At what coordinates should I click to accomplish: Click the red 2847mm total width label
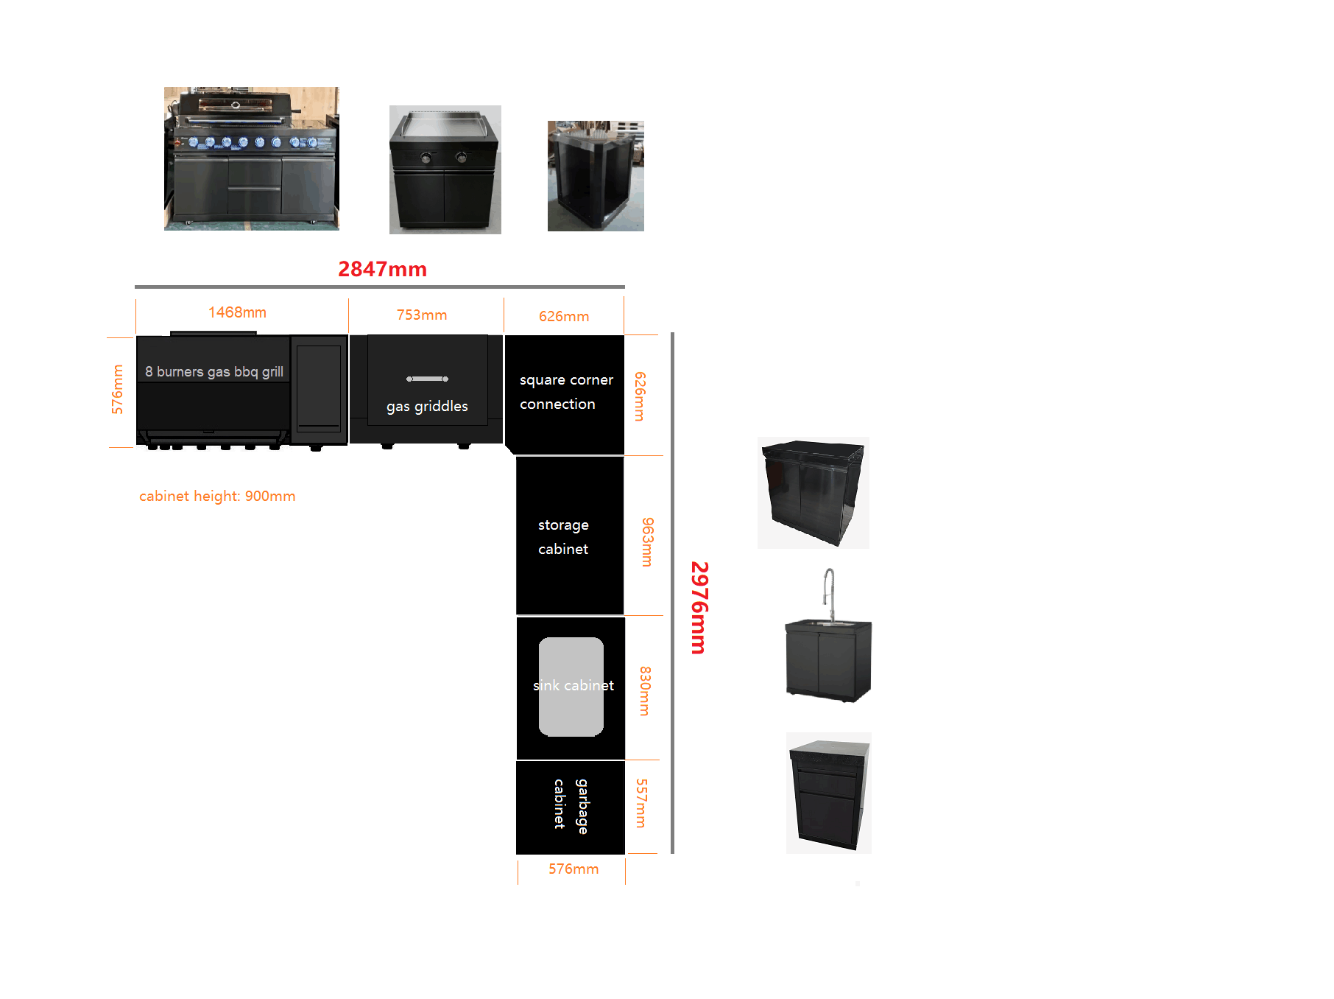tap(382, 269)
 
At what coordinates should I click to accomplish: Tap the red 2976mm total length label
tap(699, 608)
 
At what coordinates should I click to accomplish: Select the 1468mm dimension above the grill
tap(237, 312)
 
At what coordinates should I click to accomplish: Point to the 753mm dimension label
tap(422, 315)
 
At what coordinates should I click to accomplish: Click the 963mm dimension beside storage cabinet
tap(647, 542)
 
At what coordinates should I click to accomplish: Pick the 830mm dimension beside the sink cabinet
tap(645, 691)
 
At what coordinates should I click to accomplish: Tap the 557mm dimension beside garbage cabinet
tap(642, 803)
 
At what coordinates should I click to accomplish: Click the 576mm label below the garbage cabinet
tap(574, 869)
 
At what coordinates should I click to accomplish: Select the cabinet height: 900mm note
tap(217, 496)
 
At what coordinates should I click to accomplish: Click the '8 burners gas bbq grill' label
tap(214, 371)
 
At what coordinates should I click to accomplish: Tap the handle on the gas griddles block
tap(427, 379)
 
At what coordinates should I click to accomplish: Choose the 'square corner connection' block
tap(565, 395)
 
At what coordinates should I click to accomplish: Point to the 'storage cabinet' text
tap(563, 536)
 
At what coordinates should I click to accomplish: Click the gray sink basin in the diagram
tap(571, 687)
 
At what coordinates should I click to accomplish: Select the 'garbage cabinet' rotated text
tap(571, 806)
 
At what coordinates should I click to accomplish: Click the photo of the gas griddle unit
tap(445, 169)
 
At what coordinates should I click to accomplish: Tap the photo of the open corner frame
tap(596, 176)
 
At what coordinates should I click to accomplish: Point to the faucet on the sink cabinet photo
tap(830, 593)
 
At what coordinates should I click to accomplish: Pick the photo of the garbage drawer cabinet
tap(829, 793)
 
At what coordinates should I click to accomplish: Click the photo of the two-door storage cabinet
tap(814, 493)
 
